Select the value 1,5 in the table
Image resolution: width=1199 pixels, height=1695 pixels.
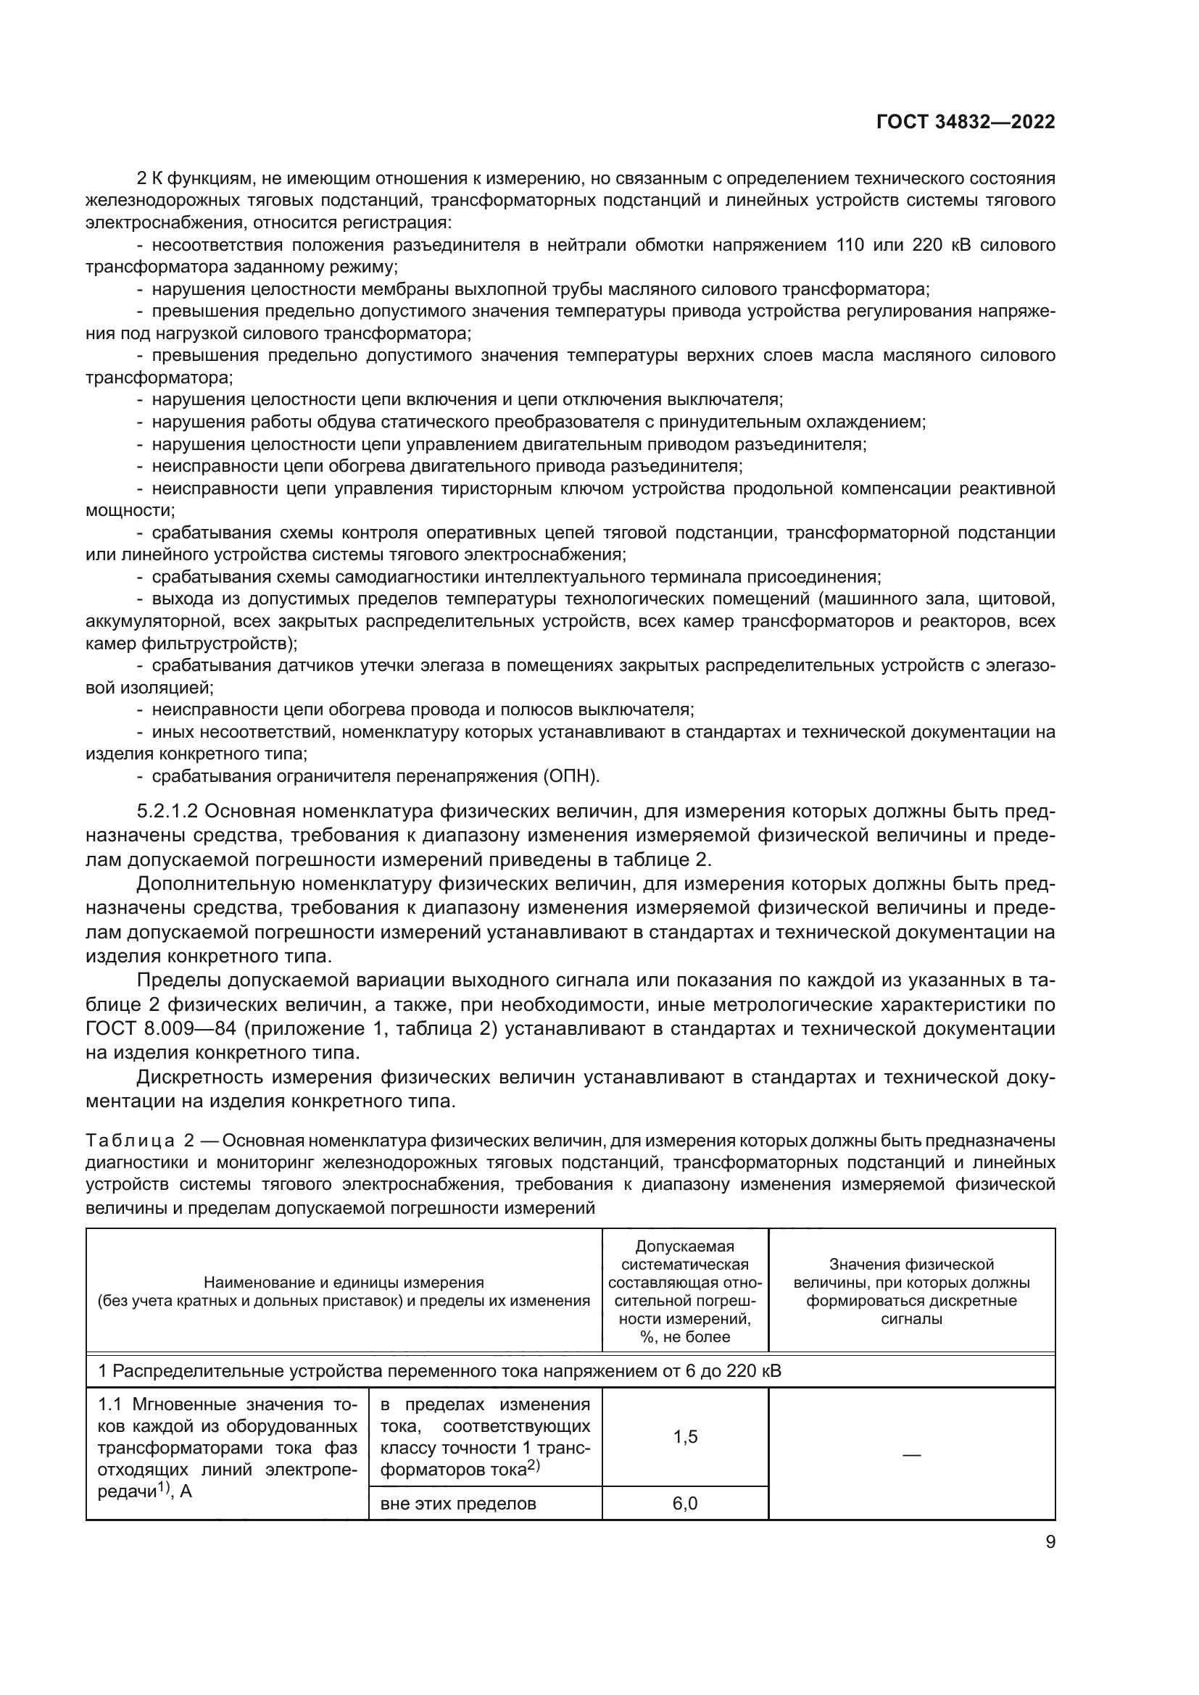click(x=685, y=1436)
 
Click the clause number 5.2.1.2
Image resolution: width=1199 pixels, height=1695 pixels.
click(x=167, y=812)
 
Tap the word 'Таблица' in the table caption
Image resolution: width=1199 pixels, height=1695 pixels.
click(x=130, y=1141)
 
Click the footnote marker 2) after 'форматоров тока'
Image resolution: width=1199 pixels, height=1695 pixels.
click(x=533, y=1466)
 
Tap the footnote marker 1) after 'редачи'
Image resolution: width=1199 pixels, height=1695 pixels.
click(x=165, y=1488)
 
